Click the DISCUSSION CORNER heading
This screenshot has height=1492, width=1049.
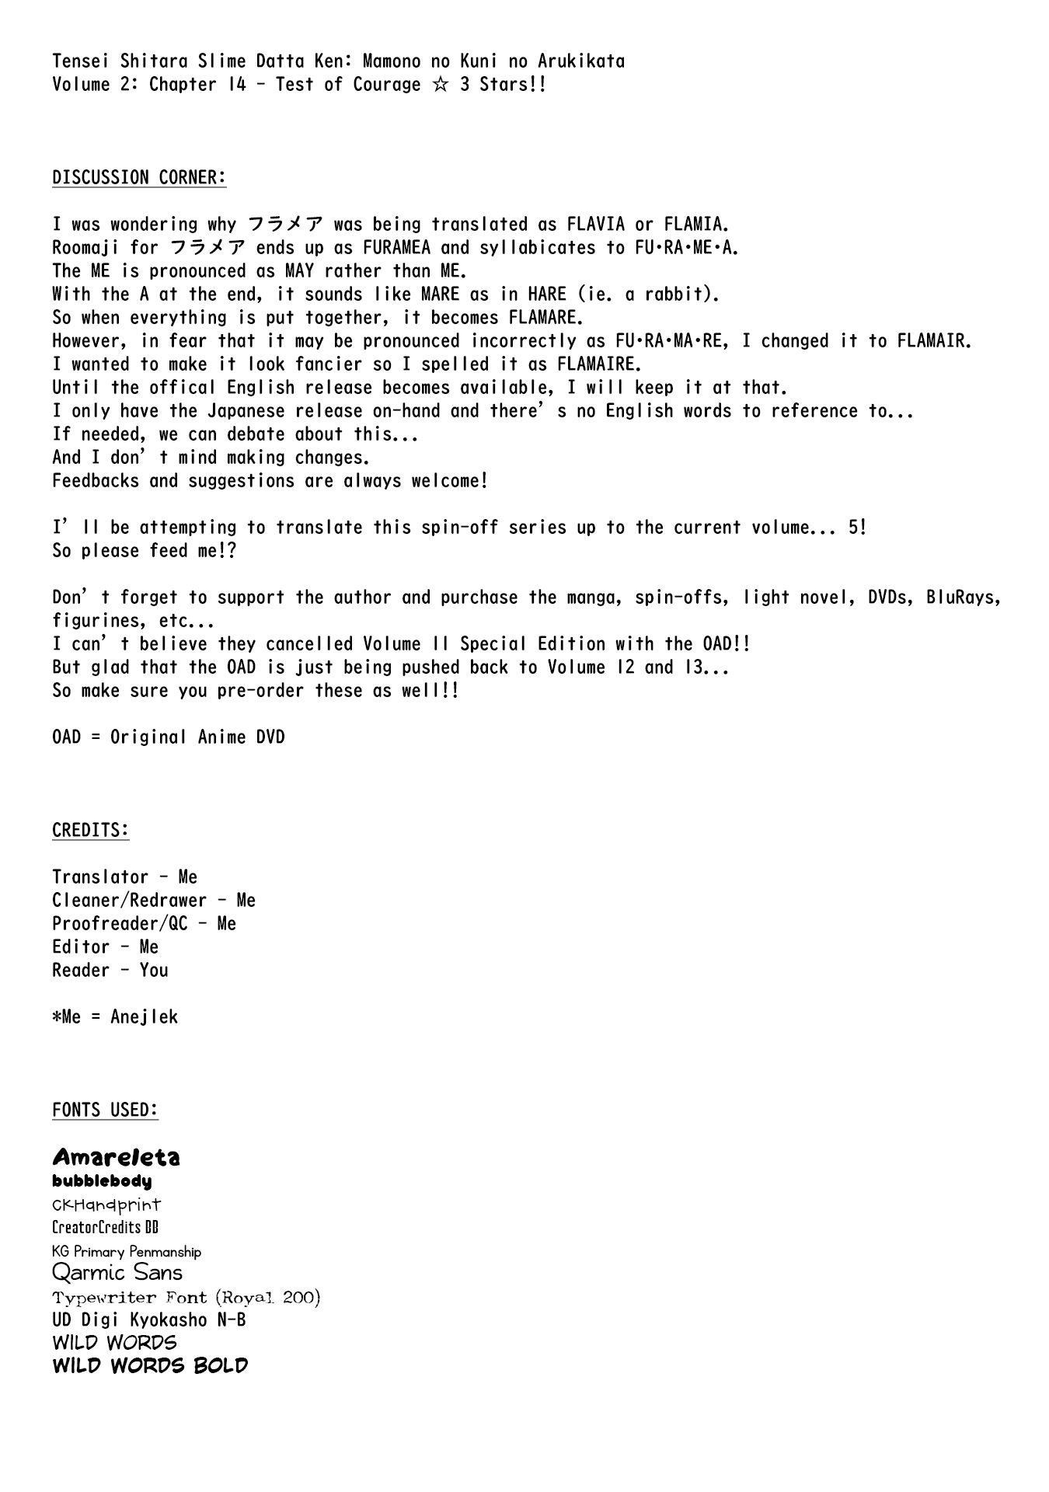[139, 178]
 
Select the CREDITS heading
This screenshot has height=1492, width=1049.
[90, 831]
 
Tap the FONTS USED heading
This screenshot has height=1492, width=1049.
[105, 1110]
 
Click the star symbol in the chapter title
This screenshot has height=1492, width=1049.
[440, 85]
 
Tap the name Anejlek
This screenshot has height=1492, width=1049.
[144, 1017]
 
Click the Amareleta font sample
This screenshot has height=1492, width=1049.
[116, 1158]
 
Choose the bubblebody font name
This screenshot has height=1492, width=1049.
[102, 1181]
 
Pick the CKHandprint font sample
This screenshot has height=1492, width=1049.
[106, 1205]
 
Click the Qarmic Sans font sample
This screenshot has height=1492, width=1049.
[117, 1273]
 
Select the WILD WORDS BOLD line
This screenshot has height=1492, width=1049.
[150, 1366]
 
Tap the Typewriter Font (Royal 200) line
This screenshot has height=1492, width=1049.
[186, 1297]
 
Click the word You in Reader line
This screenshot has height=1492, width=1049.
[154, 971]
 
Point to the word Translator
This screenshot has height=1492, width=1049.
[100, 877]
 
